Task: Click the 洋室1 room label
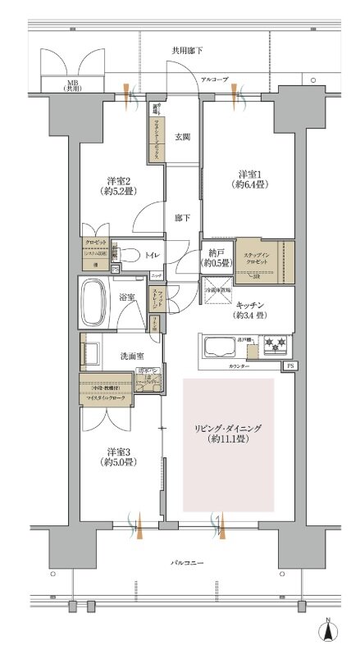click(250, 181)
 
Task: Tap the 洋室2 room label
click(118, 186)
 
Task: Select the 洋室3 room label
click(118, 457)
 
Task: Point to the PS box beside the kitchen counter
click(289, 366)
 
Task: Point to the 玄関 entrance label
click(183, 136)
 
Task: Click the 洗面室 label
click(119, 355)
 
